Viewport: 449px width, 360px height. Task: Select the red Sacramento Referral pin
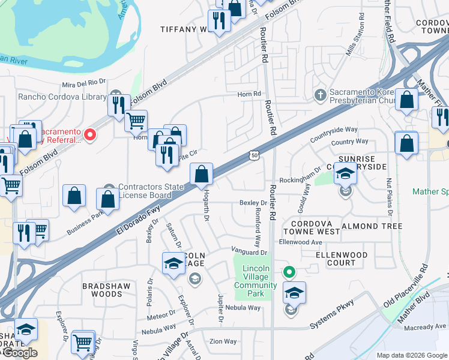pos(90,135)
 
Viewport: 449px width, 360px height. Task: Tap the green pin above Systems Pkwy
pos(289,272)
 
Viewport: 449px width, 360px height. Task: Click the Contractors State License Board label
pos(150,191)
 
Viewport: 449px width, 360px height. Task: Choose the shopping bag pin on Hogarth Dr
pos(202,175)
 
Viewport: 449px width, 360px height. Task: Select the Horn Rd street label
pos(249,94)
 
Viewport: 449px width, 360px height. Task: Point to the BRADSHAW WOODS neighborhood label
pos(106,290)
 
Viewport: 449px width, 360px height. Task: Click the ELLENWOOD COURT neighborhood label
pos(342,259)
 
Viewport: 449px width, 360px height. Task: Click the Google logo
pos(20,353)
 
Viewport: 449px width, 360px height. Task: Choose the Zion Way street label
pos(222,341)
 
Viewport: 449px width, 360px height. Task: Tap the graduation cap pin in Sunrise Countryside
pos(345,173)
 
